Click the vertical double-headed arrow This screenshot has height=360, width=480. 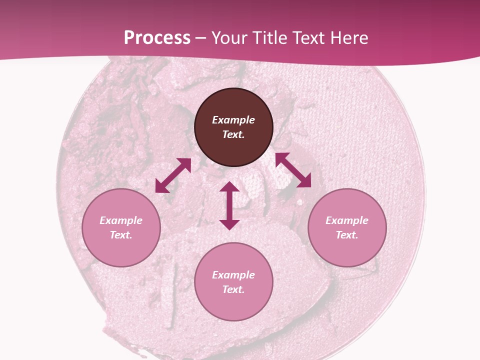tap(229, 205)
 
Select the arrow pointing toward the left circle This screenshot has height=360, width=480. tap(173, 175)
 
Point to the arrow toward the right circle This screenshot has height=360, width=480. tap(293, 170)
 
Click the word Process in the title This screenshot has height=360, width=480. tap(157, 38)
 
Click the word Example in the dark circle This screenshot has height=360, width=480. tap(233, 120)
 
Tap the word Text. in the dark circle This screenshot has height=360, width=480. tap(233, 134)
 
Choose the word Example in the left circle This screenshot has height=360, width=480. tap(121, 220)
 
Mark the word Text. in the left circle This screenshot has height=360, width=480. tap(121, 235)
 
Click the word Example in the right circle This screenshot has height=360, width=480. tap(347, 220)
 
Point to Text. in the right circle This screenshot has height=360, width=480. tap(347, 235)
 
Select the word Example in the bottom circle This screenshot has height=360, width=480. tap(233, 275)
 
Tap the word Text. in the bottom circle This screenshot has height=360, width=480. tap(233, 289)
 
